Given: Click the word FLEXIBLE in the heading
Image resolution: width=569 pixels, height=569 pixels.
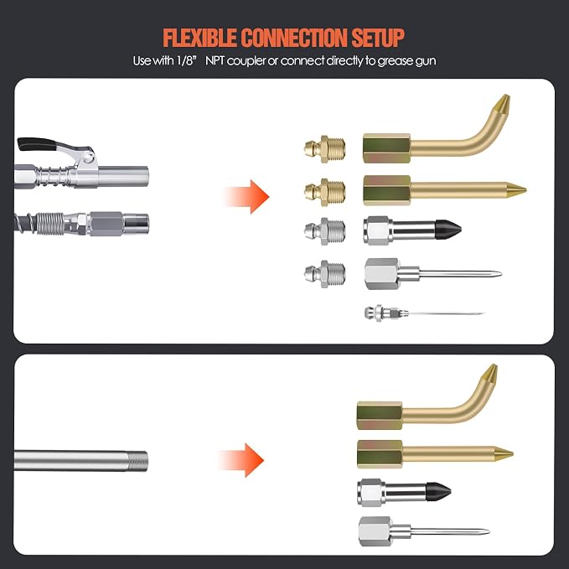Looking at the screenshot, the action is [x=199, y=37].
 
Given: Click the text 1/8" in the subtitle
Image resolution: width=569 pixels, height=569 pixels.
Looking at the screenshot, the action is [x=186, y=60].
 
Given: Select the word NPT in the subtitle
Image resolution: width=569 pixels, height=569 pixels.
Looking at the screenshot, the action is [x=215, y=60].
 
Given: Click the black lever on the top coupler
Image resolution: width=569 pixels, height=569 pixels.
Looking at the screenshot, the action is [x=36, y=143].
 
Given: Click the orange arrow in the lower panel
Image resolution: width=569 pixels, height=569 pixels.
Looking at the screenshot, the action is [x=241, y=460].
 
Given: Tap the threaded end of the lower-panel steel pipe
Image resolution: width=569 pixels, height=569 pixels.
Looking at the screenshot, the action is [x=138, y=461].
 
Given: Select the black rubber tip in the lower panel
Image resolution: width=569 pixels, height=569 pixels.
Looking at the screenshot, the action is [x=438, y=492].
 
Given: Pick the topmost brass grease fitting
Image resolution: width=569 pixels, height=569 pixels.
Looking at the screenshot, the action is [x=325, y=149].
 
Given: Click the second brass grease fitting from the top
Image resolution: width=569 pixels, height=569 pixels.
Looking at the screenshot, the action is [x=325, y=193].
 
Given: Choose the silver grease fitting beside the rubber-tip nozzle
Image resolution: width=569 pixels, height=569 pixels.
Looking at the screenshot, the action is [x=325, y=231].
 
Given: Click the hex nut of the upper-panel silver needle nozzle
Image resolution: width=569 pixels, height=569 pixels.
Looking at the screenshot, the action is [x=381, y=274].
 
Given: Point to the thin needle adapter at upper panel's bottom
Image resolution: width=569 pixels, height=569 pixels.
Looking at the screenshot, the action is [x=424, y=313].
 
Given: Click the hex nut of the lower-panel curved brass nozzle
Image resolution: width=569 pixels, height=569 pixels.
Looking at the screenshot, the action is [x=380, y=416].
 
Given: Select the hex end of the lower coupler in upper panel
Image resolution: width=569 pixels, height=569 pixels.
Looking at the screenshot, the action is [x=106, y=224].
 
